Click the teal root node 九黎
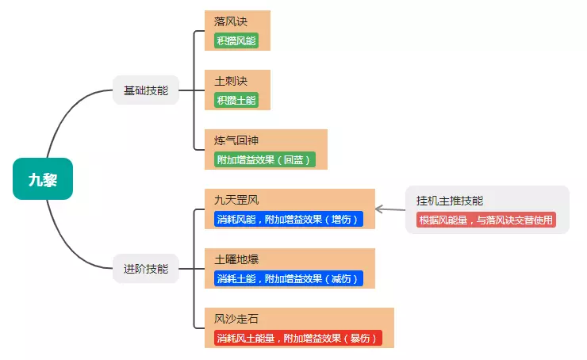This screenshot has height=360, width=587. point(43,179)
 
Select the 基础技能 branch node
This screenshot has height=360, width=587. point(146,90)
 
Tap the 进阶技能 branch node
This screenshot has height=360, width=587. point(146,268)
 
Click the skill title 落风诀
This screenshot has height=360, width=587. point(231,21)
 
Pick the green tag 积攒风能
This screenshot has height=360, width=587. point(236,40)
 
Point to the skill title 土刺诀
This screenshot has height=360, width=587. point(231,81)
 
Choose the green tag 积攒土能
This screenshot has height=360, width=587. point(236,100)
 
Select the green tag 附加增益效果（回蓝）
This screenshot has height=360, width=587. point(265,159)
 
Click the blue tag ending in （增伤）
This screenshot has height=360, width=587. point(288,219)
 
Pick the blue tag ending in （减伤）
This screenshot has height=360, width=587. point(288,278)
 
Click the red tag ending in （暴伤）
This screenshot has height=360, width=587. point(297,338)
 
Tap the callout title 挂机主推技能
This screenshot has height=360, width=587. point(449,201)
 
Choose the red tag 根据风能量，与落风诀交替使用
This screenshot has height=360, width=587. point(485,220)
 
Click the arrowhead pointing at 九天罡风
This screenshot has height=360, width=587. point(378,209)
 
